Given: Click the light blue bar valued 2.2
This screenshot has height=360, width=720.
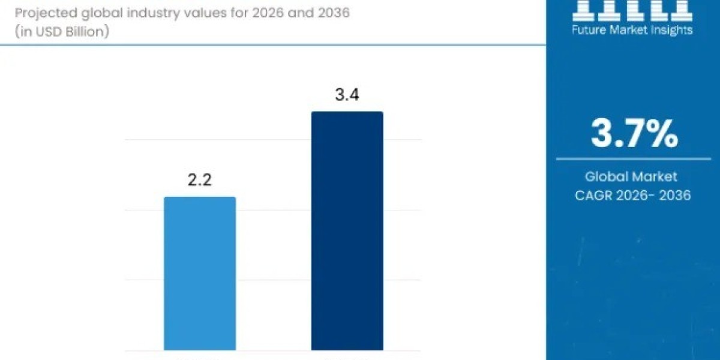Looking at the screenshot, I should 200,273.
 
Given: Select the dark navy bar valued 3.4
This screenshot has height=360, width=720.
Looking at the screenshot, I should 347,230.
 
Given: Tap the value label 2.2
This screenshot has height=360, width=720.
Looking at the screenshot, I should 199,179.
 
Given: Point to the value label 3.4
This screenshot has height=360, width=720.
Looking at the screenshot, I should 347,95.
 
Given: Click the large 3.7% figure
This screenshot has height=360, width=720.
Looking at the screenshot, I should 634,134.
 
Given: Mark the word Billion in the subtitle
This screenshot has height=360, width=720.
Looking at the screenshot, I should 83,32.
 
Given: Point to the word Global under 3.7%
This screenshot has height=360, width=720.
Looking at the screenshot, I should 608,176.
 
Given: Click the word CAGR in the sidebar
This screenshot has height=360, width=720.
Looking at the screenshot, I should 599,195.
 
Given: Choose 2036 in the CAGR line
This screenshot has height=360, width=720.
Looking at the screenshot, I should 675,195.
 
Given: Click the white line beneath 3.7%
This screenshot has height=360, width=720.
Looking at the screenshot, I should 634,159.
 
